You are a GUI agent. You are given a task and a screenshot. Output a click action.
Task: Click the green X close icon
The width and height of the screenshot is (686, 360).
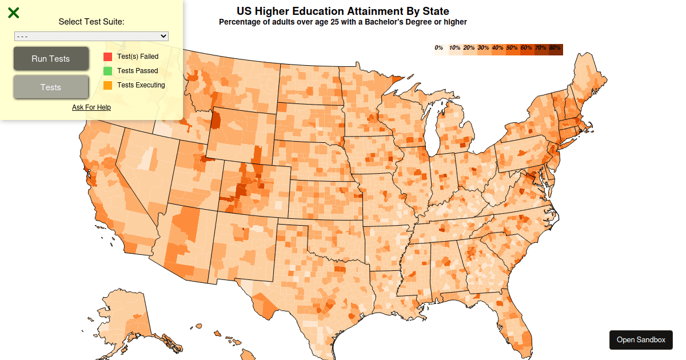[x=14, y=13]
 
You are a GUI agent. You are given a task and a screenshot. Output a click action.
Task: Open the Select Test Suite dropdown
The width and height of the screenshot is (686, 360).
[x=91, y=36]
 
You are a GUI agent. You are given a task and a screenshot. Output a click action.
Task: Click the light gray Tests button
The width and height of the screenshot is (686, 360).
[x=51, y=87]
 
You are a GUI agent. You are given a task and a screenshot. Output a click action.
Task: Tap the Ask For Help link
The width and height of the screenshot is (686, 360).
[x=91, y=107]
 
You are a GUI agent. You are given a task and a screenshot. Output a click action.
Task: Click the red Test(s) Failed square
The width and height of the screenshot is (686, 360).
[x=107, y=57]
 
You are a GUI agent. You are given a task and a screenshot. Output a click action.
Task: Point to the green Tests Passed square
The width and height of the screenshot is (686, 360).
[x=107, y=71]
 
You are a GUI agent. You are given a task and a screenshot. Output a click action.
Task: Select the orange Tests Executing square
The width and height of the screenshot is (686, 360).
[x=107, y=85]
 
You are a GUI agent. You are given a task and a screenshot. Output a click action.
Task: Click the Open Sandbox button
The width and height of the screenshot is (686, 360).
[x=641, y=339]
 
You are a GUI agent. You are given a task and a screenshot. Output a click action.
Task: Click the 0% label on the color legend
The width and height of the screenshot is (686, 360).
[x=439, y=48]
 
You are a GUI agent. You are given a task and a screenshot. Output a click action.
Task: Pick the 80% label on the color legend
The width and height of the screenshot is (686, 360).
[x=555, y=48]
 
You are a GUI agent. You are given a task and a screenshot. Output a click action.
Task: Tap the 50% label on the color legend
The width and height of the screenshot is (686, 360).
[x=512, y=48]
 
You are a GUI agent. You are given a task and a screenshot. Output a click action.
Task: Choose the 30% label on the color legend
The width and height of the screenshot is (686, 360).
[x=483, y=48]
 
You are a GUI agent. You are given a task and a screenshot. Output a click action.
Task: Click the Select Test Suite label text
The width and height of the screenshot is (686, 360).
[x=91, y=22]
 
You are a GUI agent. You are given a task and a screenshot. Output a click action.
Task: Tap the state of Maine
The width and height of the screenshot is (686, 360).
[x=592, y=83]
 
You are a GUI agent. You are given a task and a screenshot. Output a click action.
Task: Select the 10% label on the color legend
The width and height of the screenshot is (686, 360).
[x=454, y=48]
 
